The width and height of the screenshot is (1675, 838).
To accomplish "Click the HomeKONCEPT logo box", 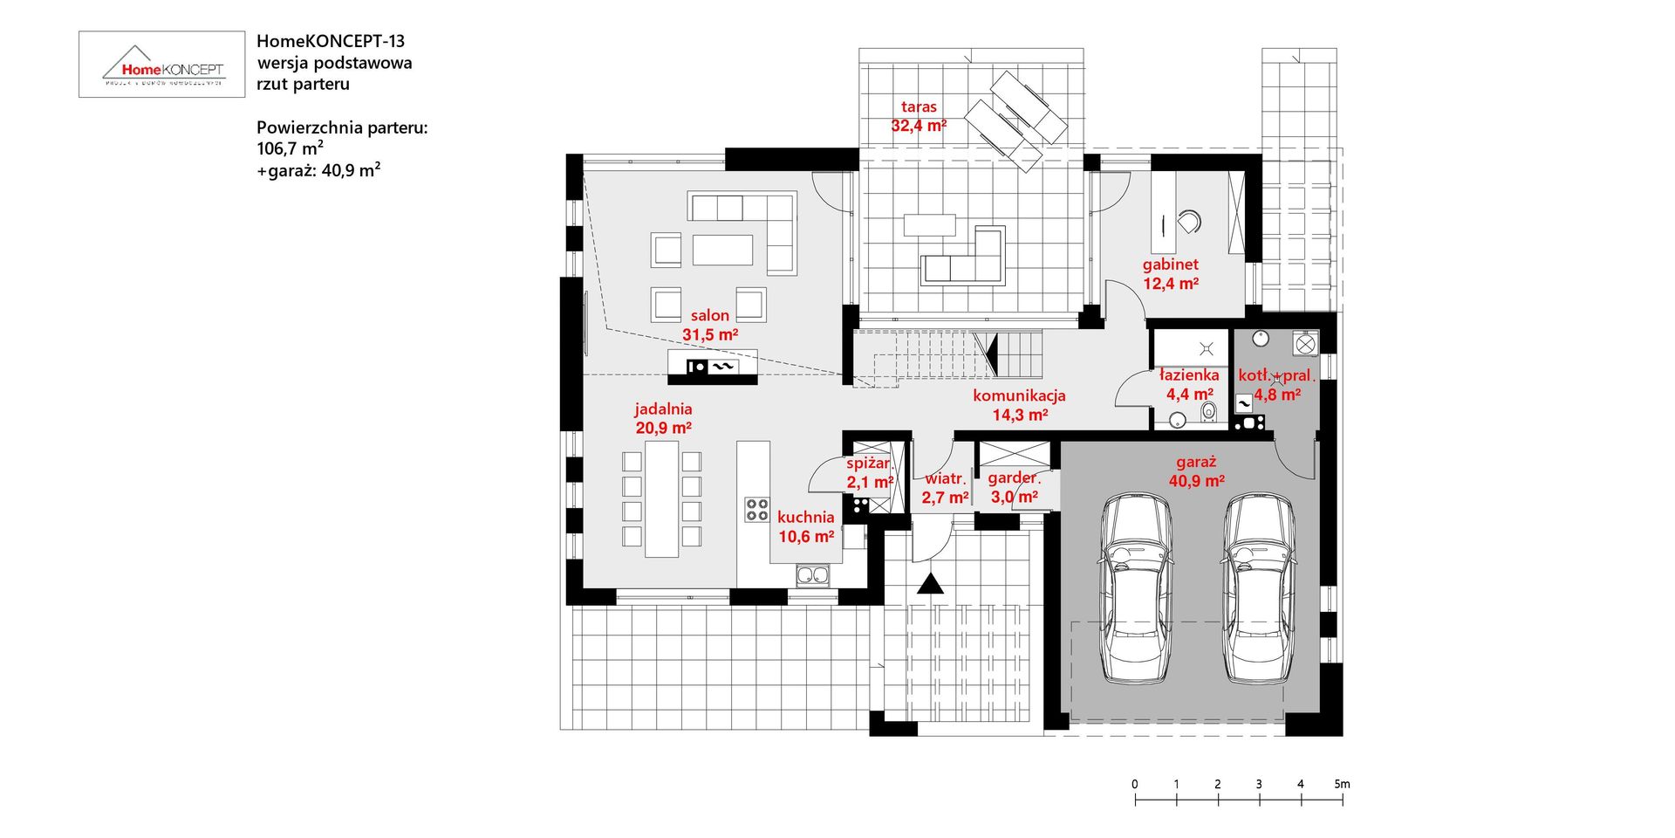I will (161, 65).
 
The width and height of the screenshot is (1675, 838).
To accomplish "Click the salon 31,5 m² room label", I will (710, 325).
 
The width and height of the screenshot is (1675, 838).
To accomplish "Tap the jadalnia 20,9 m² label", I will (663, 418).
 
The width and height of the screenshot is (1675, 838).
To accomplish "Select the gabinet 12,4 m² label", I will (1171, 274).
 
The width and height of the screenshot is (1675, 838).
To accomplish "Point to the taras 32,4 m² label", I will (919, 116).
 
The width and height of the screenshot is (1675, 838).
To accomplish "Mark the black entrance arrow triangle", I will (930, 584).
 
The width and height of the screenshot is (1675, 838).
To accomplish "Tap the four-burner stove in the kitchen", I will (756, 510).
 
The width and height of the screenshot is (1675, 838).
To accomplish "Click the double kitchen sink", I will (812, 574).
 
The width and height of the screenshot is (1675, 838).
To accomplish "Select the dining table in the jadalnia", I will (661, 498).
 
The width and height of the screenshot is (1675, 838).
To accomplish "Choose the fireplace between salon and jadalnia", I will (712, 367).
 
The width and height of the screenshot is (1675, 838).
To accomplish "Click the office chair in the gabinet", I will (1189, 222).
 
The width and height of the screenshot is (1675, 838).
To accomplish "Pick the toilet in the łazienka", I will (1208, 412).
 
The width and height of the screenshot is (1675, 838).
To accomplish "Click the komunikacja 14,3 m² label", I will (1019, 405).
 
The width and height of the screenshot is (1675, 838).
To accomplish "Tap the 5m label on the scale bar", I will (1342, 784).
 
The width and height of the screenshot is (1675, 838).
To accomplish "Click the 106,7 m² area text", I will (290, 148).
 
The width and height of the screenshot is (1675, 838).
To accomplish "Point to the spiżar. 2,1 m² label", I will (870, 472).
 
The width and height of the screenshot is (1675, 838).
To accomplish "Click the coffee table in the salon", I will (722, 250).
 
